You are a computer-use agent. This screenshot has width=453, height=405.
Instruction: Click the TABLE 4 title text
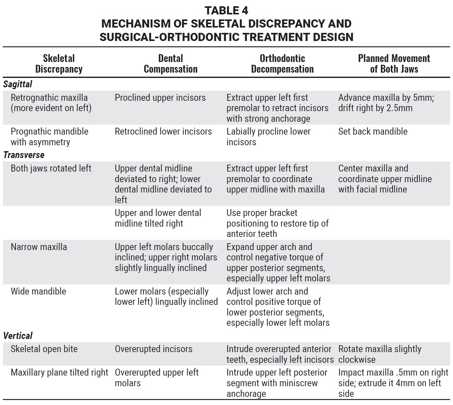tap(226, 11)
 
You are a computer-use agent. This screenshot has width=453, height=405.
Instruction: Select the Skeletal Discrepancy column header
tap(59, 64)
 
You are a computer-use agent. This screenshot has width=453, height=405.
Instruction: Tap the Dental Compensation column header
tap(171, 64)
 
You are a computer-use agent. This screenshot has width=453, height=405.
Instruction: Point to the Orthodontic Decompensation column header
tap(282, 64)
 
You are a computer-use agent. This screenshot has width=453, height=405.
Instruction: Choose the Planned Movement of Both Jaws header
tap(394, 64)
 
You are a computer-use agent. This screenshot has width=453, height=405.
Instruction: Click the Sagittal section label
tap(18, 84)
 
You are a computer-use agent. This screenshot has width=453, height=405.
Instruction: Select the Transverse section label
tap(24, 155)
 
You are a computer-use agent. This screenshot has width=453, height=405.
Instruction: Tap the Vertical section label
tap(18, 336)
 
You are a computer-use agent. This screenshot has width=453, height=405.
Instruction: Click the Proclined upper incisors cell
tap(160, 98)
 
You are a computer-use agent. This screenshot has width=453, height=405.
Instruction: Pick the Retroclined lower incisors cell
tap(163, 131)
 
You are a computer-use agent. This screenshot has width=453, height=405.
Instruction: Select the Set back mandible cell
tap(373, 131)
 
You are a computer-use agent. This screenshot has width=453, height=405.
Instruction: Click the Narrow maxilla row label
tap(39, 247)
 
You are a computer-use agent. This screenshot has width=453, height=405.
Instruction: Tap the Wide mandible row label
tap(38, 291)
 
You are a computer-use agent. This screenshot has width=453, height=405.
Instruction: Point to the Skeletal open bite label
tap(44, 349)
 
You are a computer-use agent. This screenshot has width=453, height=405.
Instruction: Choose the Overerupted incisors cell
tap(154, 349)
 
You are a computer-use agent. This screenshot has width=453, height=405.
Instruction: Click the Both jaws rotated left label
tap(51, 168)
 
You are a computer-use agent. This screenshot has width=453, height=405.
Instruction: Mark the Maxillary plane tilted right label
tap(59, 372)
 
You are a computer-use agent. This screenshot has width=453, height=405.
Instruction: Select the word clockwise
tap(357, 360)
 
